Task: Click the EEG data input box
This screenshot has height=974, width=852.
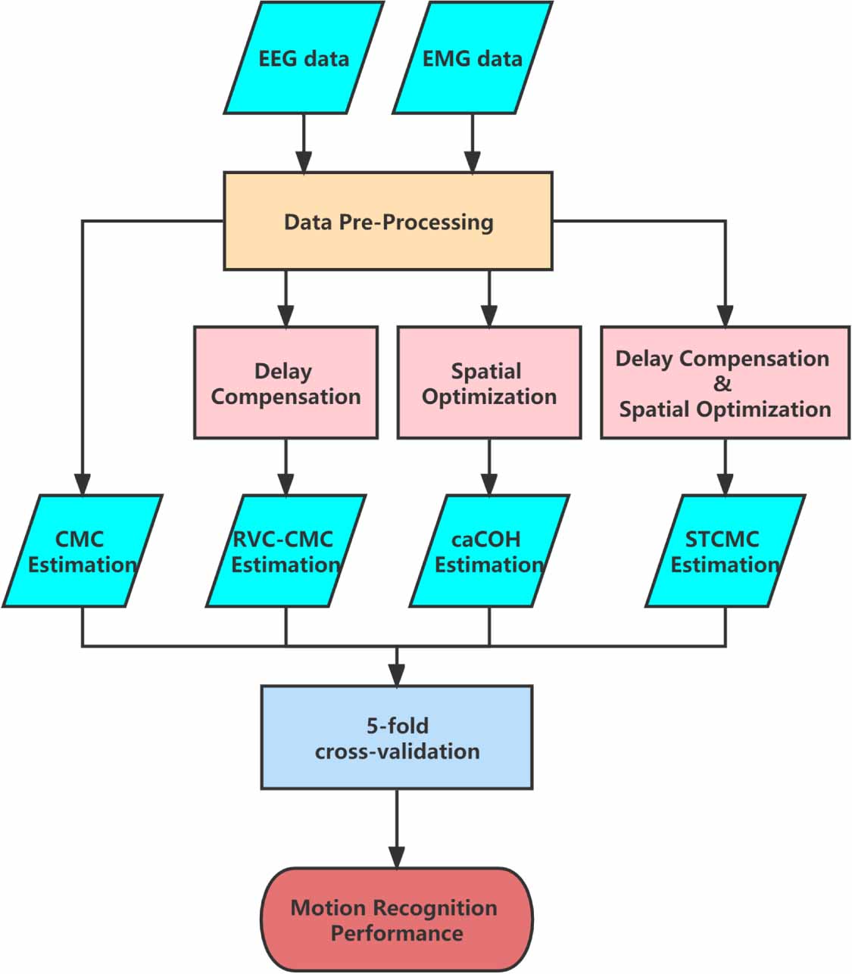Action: (304, 58)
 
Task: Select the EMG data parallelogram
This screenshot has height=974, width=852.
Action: (472, 58)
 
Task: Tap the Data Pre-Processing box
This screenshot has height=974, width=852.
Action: (388, 222)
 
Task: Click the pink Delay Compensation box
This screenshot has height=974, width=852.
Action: (286, 383)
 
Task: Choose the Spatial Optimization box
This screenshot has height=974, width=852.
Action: (488, 383)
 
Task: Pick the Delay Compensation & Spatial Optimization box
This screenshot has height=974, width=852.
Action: (725, 383)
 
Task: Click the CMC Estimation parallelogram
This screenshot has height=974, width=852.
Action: (82, 551)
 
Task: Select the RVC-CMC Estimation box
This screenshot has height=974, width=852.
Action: (286, 551)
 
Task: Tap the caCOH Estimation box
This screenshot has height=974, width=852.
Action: (488, 551)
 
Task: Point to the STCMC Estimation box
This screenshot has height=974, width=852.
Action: (725, 551)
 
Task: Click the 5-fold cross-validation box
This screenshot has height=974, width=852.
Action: (397, 738)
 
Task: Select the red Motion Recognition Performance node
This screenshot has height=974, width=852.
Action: (397, 920)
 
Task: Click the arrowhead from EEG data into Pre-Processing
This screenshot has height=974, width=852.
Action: (304, 162)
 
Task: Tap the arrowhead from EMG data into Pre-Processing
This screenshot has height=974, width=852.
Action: (473, 162)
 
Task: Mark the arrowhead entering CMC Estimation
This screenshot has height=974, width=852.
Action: (82, 484)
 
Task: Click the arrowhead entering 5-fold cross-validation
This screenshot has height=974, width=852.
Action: (397, 675)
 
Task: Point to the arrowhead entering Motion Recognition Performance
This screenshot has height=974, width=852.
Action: (397, 857)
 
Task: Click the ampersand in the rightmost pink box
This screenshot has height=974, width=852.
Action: (722, 384)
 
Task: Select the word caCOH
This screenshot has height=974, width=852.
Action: (486, 539)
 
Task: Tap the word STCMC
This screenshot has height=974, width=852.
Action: (722, 539)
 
